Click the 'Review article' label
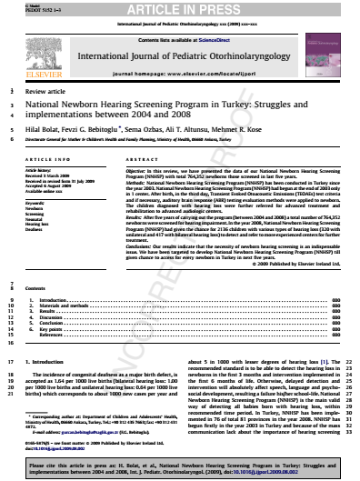tap(46, 92)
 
